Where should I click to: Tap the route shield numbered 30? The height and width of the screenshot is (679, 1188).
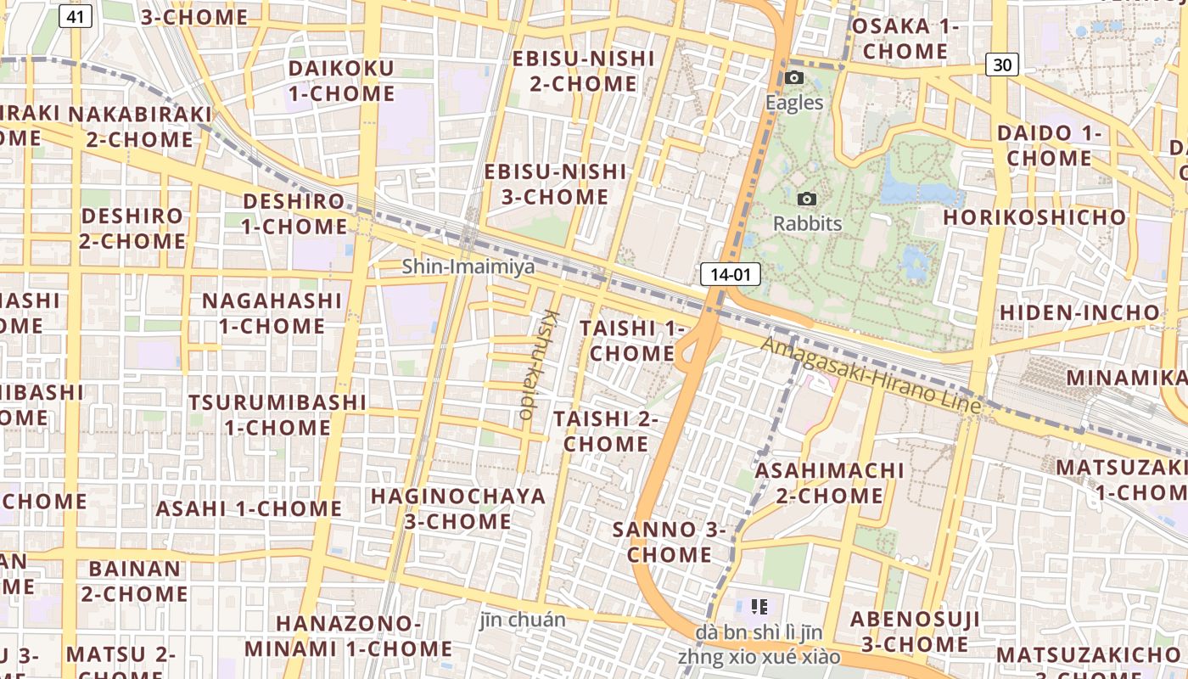(1002, 64)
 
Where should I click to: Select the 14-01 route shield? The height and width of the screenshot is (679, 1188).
(730, 274)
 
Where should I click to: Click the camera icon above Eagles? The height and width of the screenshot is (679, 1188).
(794, 78)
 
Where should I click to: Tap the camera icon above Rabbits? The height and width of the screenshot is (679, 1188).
(807, 199)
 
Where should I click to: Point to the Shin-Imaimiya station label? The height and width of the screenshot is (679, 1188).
(468, 267)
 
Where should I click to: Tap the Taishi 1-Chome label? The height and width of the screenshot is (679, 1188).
(631, 340)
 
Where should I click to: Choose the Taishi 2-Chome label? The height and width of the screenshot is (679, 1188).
(606, 431)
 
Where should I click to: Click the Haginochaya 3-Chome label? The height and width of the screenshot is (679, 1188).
(458, 508)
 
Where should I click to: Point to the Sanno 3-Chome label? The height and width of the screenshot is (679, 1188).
(670, 542)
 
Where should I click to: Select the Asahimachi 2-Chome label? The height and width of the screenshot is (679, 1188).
(830, 482)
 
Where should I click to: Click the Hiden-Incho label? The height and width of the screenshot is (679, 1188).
(1079, 312)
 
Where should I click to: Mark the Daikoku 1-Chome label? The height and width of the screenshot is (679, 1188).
(341, 81)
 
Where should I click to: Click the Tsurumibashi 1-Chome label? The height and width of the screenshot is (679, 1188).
(277, 414)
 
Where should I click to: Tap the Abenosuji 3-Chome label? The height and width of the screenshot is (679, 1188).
(909, 631)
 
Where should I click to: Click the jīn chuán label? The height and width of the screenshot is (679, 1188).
(522, 620)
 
